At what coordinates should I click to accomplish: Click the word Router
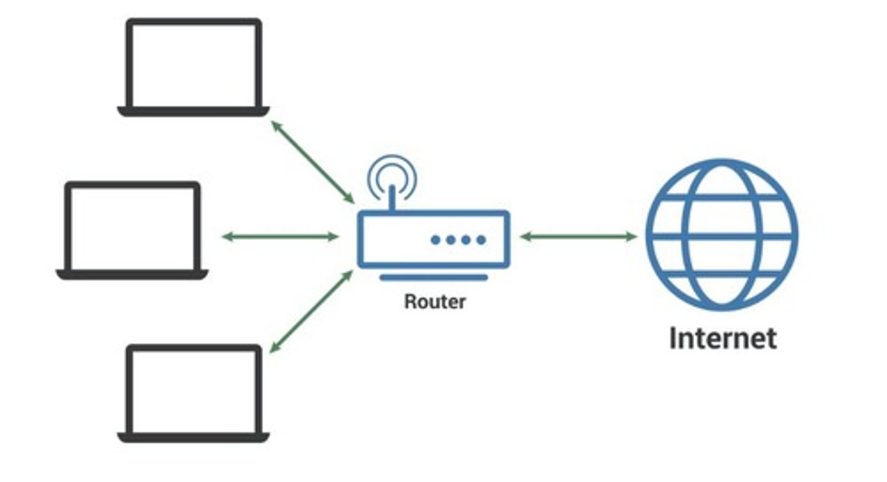coord(435,302)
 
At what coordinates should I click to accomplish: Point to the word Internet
coord(723,339)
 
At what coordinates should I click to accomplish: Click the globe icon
coord(722,235)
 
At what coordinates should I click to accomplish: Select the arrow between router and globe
coord(578,236)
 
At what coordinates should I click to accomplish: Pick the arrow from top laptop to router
coord(312,162)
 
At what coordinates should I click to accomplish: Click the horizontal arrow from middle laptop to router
coord(280,236)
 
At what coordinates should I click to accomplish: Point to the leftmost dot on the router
coord(435,240)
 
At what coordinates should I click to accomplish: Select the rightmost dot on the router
coord(481,240)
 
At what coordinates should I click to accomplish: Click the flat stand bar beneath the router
coord(434,278)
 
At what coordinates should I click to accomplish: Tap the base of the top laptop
coord(193,111)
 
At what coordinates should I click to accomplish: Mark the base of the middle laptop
coord(132,275)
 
